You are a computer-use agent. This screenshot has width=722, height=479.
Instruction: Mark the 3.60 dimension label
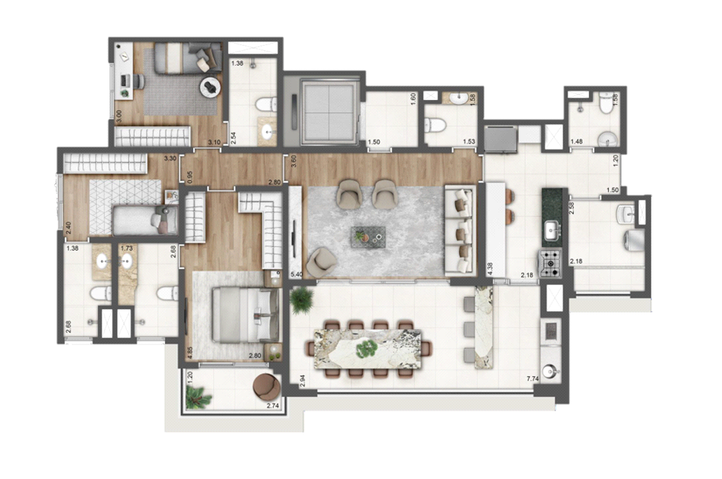[x=293, y=160]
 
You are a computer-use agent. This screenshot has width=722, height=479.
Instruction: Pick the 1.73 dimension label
[x=127, y=248]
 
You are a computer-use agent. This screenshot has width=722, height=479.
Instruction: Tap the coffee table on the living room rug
[x=369, y=237]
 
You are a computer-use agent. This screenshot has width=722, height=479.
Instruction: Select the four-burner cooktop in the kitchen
[x=550, y=263]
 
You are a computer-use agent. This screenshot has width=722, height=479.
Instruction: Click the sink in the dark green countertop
[x=550, y=228]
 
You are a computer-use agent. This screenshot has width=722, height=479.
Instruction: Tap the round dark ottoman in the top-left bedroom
[x=211, y=87]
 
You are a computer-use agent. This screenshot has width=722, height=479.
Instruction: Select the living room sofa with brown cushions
[x=460, y=229]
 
